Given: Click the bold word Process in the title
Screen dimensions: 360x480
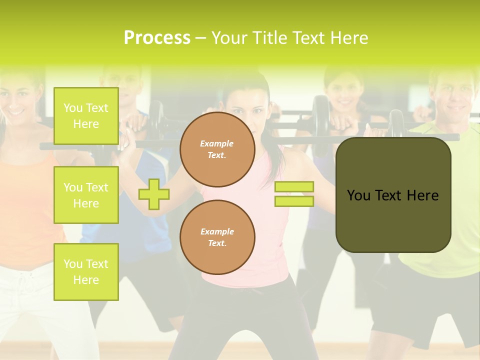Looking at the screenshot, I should click(157, 38).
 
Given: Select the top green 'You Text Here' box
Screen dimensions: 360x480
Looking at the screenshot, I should click(86, 116).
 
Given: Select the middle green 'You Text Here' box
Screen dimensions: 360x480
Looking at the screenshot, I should click(86, 195).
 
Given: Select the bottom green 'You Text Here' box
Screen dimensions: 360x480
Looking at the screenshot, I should click(86, 272).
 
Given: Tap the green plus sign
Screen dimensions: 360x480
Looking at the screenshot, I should click(153, 194).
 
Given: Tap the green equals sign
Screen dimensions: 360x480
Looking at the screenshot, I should click(294, 194).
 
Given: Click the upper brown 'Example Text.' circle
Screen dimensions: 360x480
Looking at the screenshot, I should click(217, 149).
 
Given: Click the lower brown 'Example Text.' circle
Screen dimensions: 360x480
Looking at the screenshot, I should click(217, 237).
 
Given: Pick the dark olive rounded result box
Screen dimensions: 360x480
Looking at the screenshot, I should click(393, 195).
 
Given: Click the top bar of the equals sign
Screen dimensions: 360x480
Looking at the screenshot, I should click(294, 186).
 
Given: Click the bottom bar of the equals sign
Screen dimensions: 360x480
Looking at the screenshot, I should click(294, 201).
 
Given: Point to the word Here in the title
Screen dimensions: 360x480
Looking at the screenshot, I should click(348, 38).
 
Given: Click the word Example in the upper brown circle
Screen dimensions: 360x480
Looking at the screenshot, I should click(216, 144).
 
